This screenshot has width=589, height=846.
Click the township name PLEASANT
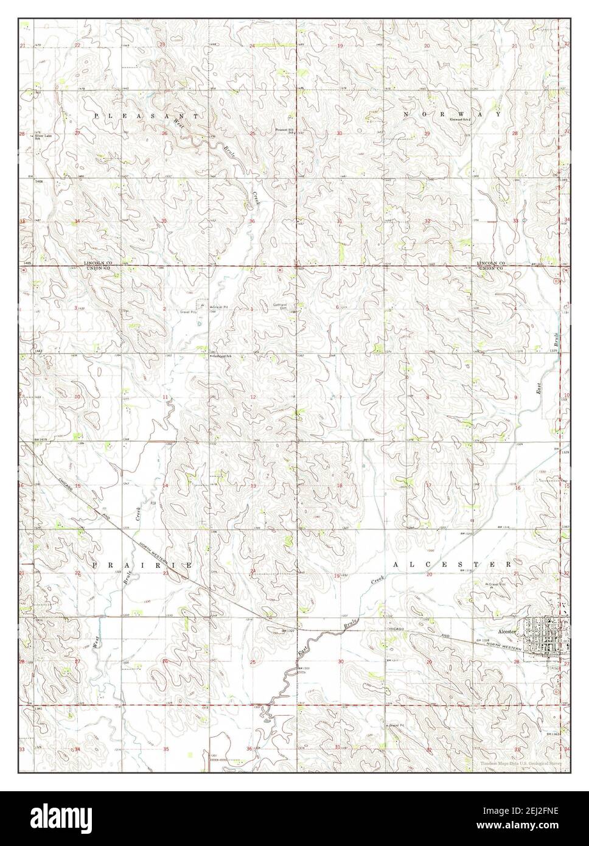pyautogui.click(x=146, y=115)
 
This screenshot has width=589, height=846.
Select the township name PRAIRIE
pyautogui.click(x=143, y=565)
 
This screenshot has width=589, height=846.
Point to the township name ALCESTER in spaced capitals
pyautogui.click(x=452, y=565)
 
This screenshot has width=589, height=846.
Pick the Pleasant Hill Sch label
pyautogui.click(x=285, y=130)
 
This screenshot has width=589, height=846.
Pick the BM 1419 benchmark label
pyautogui.click(x=40, y=438)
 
